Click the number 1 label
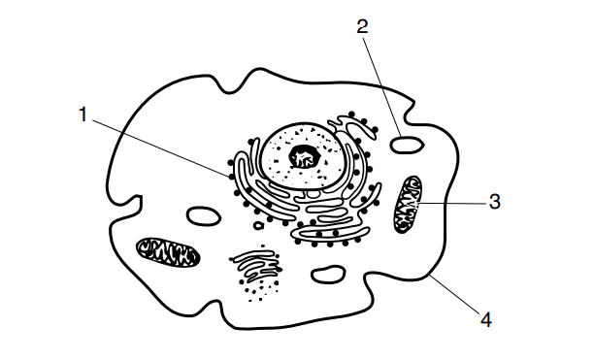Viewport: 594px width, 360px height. click(x=82, y=115)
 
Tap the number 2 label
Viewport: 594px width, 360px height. click(x=363, y=26)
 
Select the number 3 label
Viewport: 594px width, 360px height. click(x=495, y=202)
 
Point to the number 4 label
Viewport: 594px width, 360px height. click(x=486, y=320)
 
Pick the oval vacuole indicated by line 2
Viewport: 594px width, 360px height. click(x=407, y=145)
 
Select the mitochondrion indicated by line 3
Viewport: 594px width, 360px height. click(x=408, y=204)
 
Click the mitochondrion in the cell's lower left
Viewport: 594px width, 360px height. click(x=168, y=252)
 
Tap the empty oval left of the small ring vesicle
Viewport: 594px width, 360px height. click(x=204, y=216)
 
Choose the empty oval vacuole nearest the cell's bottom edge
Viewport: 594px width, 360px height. click(x=328, y=275)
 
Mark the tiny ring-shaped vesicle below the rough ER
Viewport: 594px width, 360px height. click(x=258, y=226)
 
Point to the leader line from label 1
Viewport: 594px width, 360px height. click(x=161, y=148)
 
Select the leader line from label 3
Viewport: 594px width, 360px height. click(x=452, y=204)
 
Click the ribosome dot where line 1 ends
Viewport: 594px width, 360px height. click(x=232, y=177)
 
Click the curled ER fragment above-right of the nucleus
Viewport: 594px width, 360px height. click(x=354, y=127)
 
